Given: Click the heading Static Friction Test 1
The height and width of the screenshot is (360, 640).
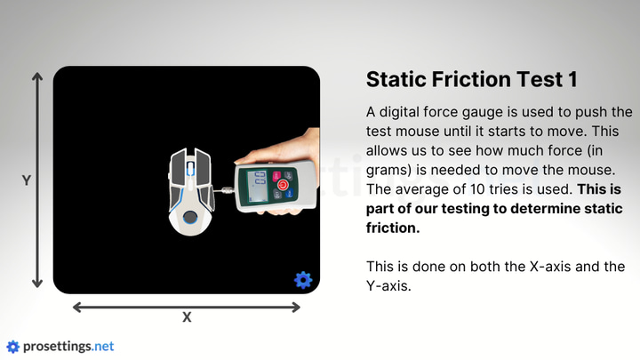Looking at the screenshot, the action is click(471, 79).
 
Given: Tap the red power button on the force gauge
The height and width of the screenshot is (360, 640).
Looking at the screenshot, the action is click(283, 185).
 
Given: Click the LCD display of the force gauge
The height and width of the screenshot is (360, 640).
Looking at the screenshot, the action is click(258, 185).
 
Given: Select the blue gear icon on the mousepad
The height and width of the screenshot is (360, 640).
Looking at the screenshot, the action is click(303, 280).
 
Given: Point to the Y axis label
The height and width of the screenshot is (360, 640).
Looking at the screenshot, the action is click(27, 180).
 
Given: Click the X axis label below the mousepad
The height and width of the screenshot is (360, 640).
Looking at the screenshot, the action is click(187, 317).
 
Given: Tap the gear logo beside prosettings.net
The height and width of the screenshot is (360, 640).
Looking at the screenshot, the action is click(12, 347).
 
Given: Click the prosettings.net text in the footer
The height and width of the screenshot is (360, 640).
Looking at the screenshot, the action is click(68, 347).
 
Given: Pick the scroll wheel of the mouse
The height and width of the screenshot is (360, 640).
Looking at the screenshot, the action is click(190, 169).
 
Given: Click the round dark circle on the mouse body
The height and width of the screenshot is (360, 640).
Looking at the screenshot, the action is click(190, 217).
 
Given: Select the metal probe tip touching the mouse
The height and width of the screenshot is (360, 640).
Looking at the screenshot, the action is click(225, 190).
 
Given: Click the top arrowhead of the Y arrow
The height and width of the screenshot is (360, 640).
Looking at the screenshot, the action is click(37, 76).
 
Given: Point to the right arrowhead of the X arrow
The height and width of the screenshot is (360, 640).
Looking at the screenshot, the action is click(296, 307).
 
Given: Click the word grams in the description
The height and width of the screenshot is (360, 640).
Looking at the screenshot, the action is click(388, 170).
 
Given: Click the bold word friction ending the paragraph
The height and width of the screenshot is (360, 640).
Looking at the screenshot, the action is click(393, 228).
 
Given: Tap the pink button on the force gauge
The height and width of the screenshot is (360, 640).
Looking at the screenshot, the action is click(276, 176).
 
